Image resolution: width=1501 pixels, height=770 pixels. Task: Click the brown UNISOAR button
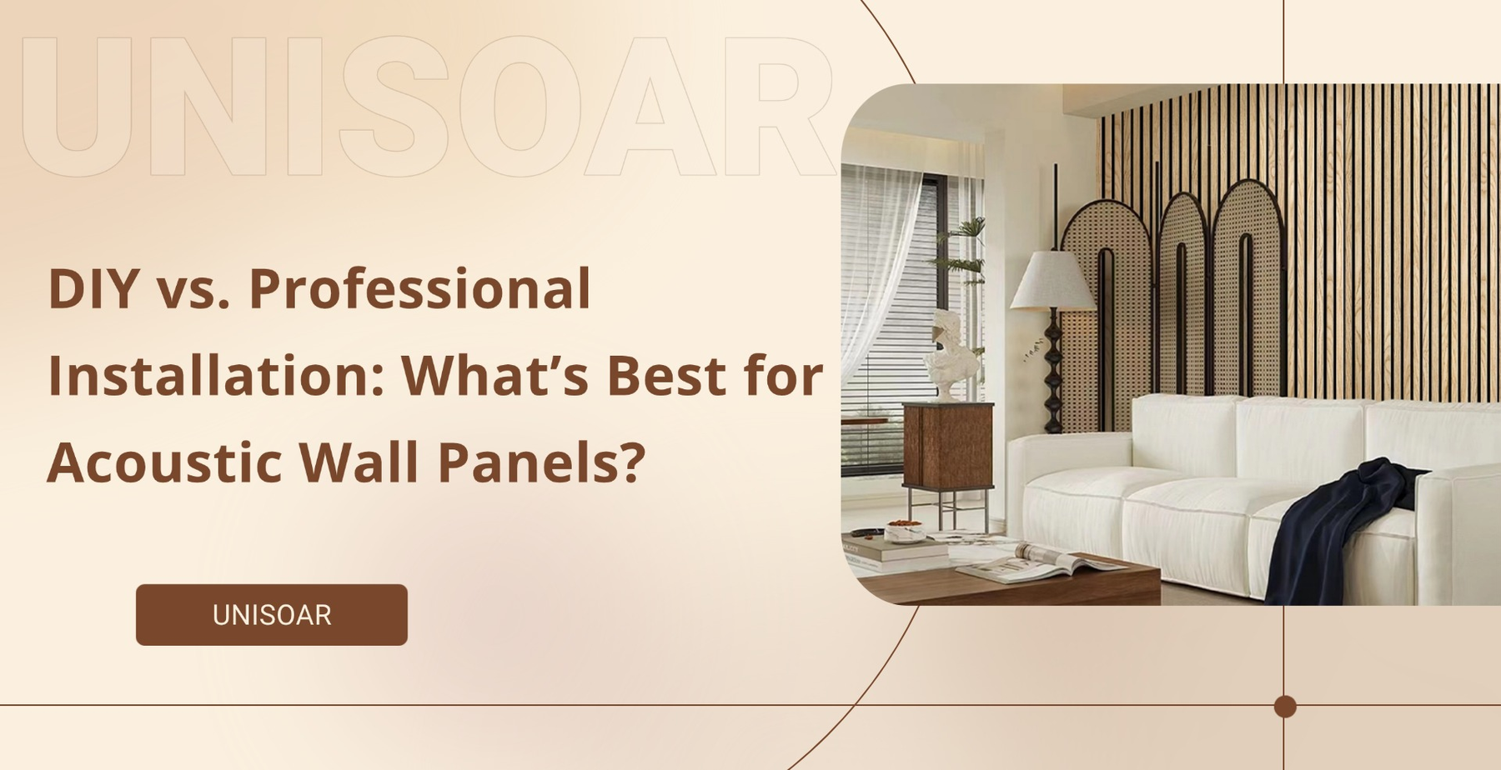[x=272, y=615]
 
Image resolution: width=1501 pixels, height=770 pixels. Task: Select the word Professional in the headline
[x=419, y=289]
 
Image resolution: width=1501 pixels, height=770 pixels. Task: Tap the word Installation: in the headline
[x=216, y=376]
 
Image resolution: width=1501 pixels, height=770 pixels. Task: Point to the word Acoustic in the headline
[x=164, y=462]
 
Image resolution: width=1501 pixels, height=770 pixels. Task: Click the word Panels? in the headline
[x=541, y=462]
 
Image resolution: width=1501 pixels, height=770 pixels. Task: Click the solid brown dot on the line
[x=1285, y=707]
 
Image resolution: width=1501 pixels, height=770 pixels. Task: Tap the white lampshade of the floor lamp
[x=1052, y=280]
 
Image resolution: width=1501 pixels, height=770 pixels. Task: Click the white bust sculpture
[x=952, y=354]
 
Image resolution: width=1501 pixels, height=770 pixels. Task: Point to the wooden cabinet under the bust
[x=948, y=446]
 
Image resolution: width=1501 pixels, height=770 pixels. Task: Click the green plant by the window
[x=963, y=250]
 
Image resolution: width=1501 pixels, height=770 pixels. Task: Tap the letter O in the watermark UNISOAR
[x=519, y=107]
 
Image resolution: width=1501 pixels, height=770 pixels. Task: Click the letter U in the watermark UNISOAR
[x=77, y=107]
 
